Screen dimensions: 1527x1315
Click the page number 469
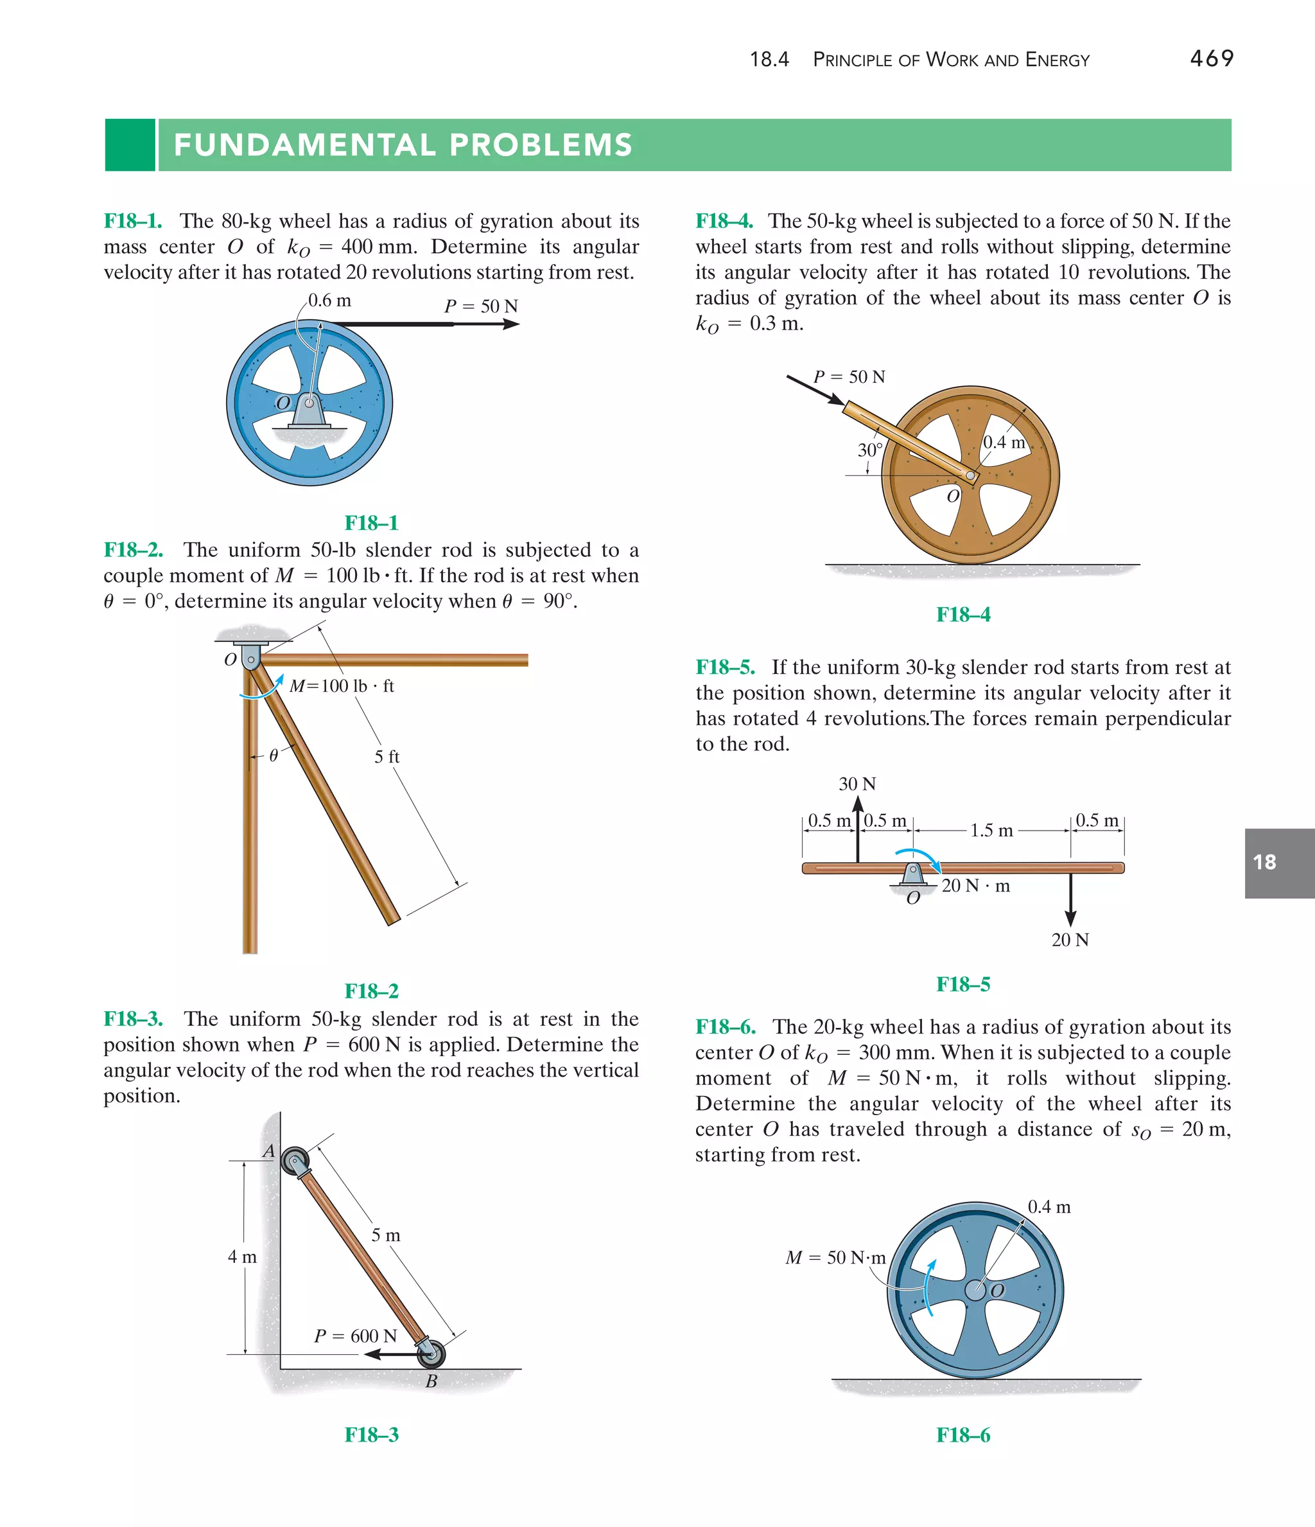(x=1211, y=58)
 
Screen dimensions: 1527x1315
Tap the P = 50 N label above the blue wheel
(x=481, y=306)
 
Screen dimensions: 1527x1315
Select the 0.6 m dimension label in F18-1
(x=329, y=301)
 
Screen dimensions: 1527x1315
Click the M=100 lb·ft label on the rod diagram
(x=342, y=686)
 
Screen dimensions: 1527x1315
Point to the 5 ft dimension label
(x=387, y=757)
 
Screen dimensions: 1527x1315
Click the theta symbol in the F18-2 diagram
(x=274, y=755)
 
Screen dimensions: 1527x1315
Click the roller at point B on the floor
(x=431, y=1353)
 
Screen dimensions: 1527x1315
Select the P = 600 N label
(x=355, y=1336)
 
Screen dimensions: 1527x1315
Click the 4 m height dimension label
(x=241, y=1257)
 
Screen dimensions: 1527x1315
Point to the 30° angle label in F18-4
(x=869, y=450)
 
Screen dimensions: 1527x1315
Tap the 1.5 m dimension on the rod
(x=991, y=831)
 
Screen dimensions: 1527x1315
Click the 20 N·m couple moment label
(x=975, y=886)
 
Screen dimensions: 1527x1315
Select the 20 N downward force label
(x=1070, y=940)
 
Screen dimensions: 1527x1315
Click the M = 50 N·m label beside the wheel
(x=835, y=1257)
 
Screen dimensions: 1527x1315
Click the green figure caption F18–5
(x=963, y=984)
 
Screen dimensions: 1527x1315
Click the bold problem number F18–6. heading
(x=726, y=1027)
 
